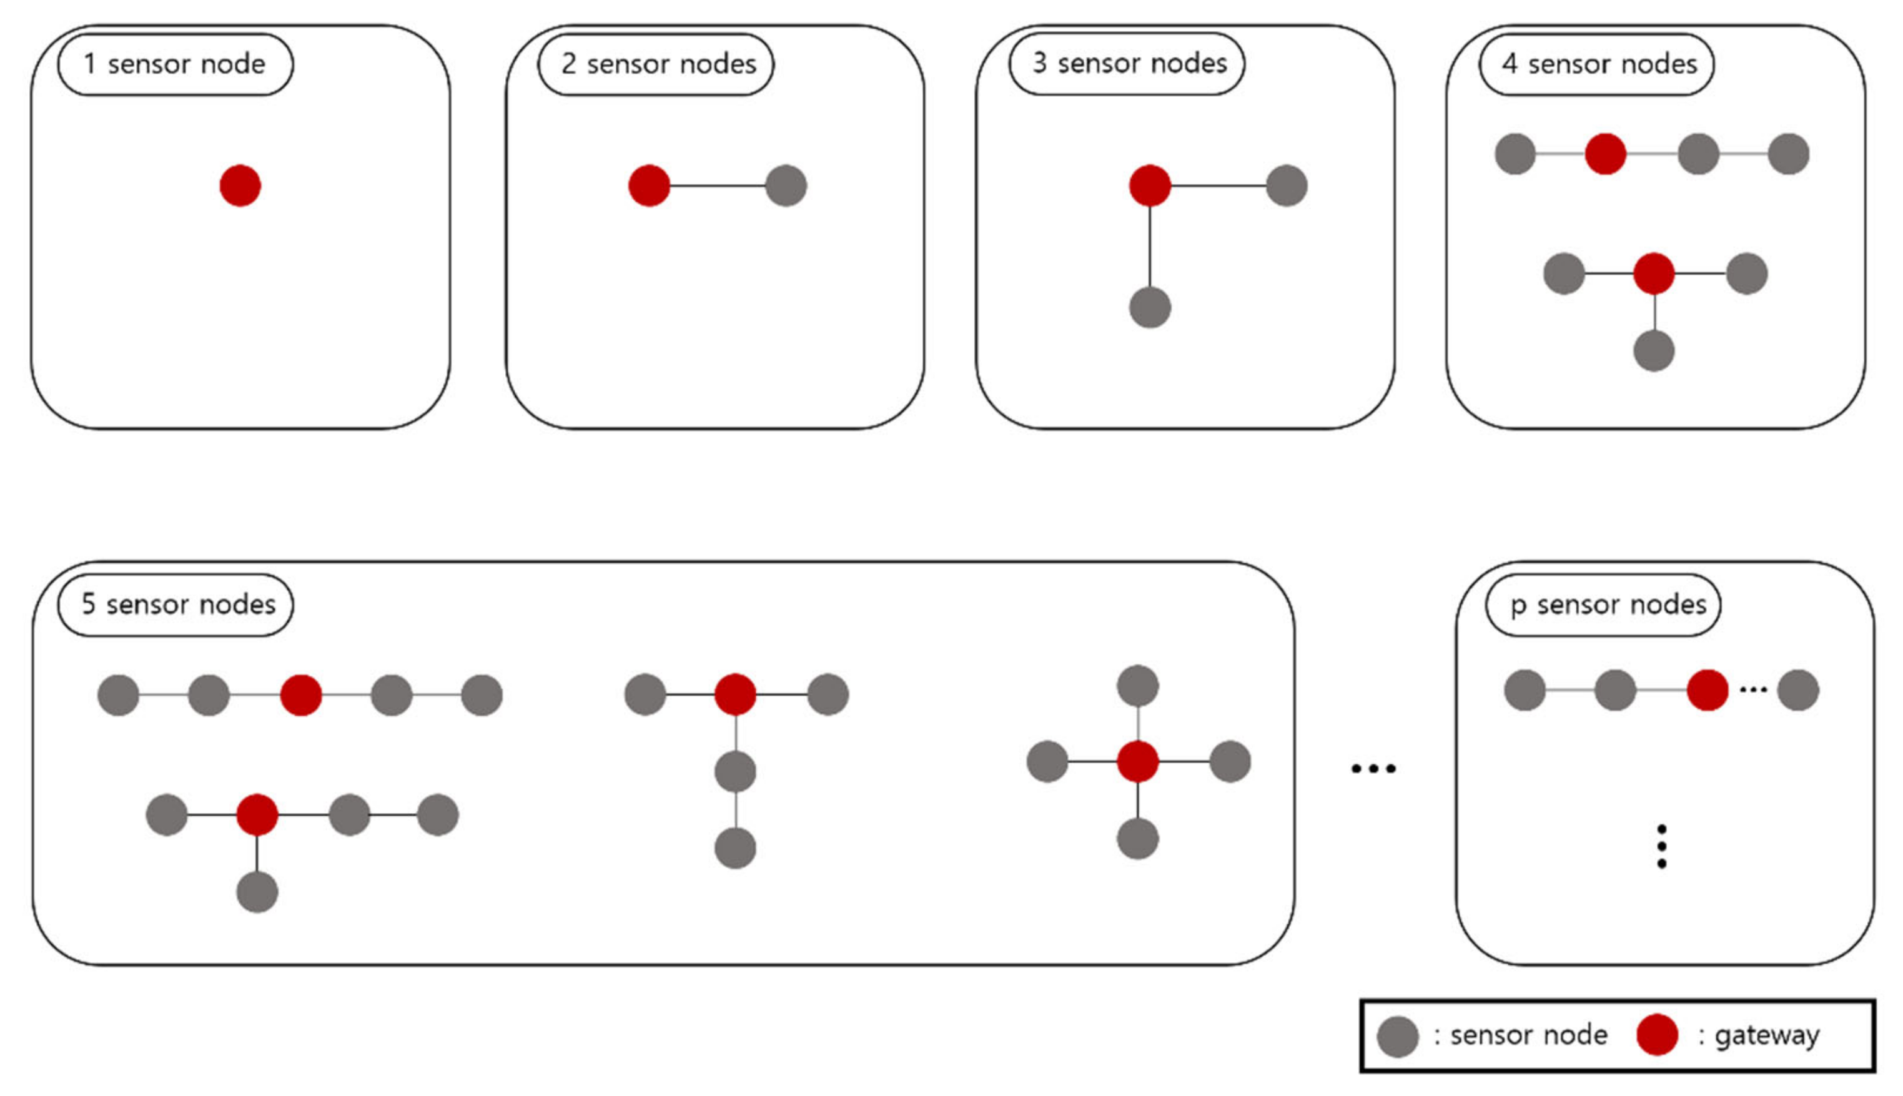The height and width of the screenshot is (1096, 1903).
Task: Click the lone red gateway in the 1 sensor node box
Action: tap(240, 185)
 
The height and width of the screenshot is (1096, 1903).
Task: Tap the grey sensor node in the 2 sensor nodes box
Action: tap(785, 185)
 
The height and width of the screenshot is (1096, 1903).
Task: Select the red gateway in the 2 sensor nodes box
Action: tap(649, 185)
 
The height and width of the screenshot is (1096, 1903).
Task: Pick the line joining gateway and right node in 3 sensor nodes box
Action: tap(1218, 185)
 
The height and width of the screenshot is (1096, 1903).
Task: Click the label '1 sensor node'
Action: tap(175, 64)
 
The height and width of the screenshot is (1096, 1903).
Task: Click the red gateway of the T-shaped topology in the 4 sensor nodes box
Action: tap(1654, 274)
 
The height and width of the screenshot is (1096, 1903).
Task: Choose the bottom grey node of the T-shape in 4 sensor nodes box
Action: tap(1654, 351)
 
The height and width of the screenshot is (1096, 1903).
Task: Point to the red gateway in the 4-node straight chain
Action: tap(1605, 154)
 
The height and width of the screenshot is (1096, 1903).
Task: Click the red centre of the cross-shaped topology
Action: tap(1137, 761)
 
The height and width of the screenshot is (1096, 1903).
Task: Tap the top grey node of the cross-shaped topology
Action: tap(1137, 685)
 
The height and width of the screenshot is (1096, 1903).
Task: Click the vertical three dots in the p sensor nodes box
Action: tap(1661, 846)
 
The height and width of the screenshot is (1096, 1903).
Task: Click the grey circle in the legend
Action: tap(1398, 1036)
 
